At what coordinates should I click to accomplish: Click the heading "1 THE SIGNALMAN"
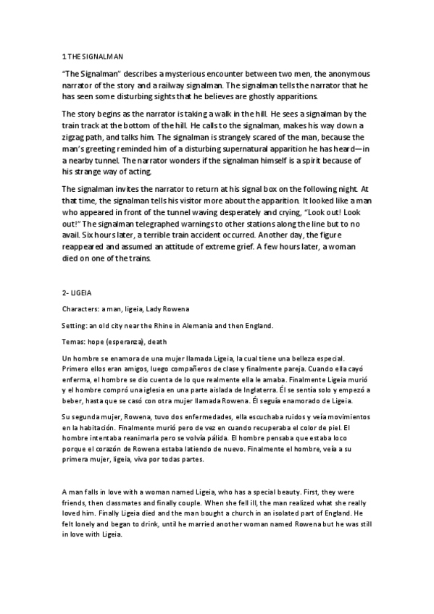point(87,56)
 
